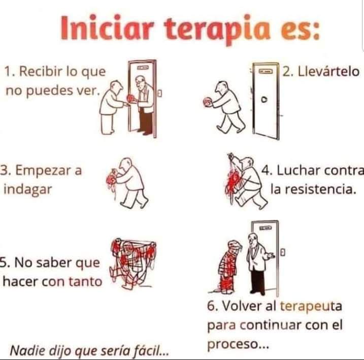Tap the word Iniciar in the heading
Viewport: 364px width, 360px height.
coord(107,27)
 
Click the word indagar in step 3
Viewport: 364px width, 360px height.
coord(27,190)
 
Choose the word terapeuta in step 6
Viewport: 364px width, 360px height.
coord(311,306)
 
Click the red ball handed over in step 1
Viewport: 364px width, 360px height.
coord(130,98)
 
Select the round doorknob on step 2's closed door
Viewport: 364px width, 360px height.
coord(264,100)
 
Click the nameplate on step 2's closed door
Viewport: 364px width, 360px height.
coord(266,71)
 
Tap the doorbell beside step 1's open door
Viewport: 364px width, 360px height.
coord(160,93)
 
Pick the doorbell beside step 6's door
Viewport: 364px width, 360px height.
coord(283,252)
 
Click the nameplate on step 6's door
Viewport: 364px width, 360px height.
coord(264,228)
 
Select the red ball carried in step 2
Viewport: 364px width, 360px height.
coord(207,102)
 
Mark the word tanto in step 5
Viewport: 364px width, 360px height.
coord(85,281)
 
